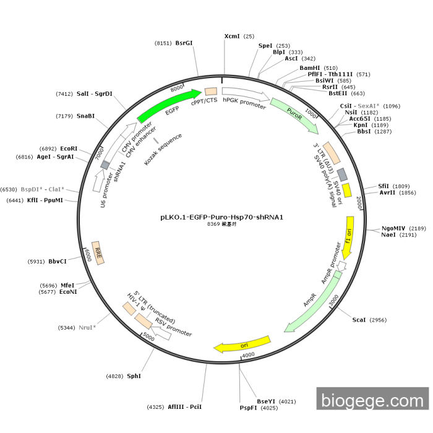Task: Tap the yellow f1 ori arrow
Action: click(348, 238)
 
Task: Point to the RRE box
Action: click(98, 253)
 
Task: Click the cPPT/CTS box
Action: click(211, 92)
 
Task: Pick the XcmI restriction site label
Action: click(232, 36)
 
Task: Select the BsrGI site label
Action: click(184, 43)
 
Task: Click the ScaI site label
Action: click(359, 320)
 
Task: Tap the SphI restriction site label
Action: click(134, 376)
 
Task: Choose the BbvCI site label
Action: click(58, 261)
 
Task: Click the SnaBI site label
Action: click(85, 116)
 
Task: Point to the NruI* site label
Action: click(87, 327)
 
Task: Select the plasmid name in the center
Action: click(221, 217)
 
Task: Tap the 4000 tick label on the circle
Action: click(248, 354)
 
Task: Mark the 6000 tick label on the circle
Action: click(88, 255)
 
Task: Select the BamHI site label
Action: click(310, 68)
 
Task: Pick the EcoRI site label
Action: click(69, 148)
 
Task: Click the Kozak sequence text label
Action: click(163, 149)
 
